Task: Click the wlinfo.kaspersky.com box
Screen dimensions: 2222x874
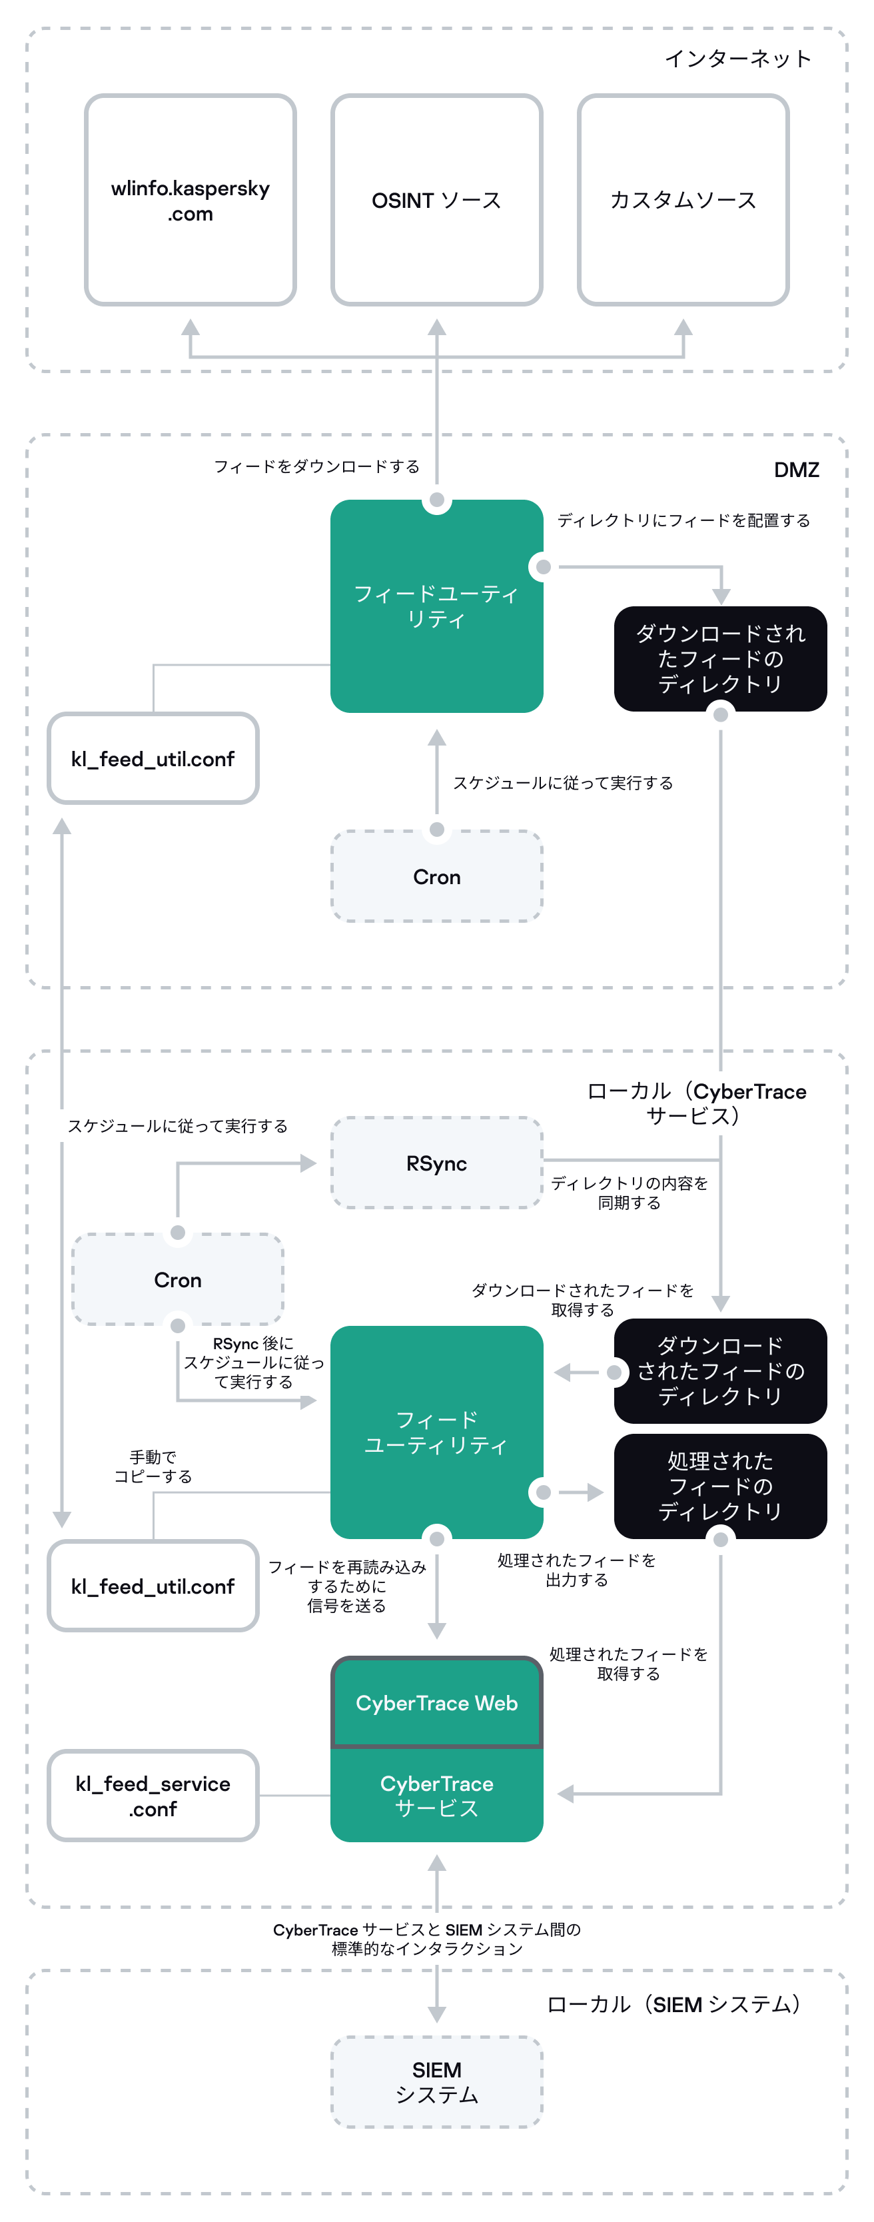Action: [190, 200]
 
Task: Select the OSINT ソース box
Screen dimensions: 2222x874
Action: [436, 200]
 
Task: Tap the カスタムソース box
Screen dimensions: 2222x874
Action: [682, 200]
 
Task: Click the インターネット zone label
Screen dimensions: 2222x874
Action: [737, 59]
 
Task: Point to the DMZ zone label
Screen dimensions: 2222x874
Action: [795, 470]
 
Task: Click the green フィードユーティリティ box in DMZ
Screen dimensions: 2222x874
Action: [436, 606]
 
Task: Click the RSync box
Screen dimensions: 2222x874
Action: [436, 1163]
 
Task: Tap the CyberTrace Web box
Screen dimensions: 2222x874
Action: [436, 1703]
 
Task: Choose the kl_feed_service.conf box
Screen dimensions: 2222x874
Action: [153, 1796]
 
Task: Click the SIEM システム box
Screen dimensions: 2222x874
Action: [436, 2082]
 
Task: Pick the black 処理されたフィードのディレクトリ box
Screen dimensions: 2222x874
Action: [719, 1486]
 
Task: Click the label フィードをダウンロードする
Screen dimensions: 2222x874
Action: [316, 466]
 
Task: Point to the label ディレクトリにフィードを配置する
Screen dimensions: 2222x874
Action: [683, 520]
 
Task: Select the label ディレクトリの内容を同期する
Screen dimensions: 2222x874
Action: [629, 1193]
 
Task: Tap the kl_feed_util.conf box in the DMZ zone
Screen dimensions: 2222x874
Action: [153, 759]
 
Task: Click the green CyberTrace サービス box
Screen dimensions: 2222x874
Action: [436, 1796]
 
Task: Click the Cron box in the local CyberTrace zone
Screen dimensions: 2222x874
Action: [178, 1280]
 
